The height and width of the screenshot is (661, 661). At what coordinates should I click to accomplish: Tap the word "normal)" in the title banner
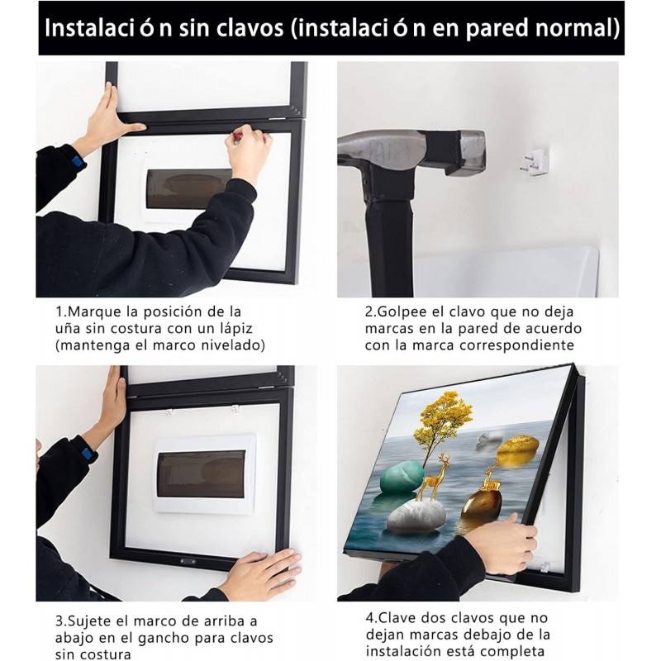(577, 28)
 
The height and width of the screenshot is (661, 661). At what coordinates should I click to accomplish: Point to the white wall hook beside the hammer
(533, 161)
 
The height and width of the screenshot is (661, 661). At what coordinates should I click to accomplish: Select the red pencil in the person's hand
(238, 137)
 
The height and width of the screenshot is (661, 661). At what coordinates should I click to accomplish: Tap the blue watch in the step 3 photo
(88, 454)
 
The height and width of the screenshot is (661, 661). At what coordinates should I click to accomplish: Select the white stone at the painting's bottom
(416, 516)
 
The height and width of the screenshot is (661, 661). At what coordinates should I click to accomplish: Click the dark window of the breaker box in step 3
(202, 473)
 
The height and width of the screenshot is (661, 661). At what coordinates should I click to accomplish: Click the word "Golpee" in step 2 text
(402, 313)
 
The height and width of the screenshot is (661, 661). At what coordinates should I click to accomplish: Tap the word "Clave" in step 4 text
(398, 618)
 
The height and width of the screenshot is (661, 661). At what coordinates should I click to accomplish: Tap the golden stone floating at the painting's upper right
(518, 451)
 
